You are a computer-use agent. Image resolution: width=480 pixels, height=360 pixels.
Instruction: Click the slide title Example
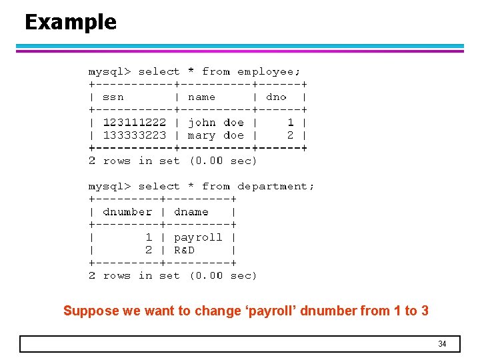click(x=71, y=22)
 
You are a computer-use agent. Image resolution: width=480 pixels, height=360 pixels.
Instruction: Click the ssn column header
click(x=113, y=97)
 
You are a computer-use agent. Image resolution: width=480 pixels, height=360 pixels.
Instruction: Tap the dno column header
click(x=276, y=97)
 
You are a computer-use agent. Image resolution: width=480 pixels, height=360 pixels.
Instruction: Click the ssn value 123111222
click(x=135, y=123)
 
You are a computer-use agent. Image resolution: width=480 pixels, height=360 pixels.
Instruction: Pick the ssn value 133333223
click(x=135, y=135)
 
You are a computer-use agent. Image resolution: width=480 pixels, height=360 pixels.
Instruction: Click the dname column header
click(x=191, y=212)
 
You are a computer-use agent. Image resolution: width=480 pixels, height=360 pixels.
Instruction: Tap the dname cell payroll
click(x=198, y=237)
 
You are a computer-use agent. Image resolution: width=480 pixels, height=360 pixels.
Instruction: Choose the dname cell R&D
click(x=184, y=250)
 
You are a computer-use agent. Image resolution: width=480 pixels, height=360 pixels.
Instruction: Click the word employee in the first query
click(x=269, y=71)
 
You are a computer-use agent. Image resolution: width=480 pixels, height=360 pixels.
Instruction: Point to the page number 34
click(x=442, y=344)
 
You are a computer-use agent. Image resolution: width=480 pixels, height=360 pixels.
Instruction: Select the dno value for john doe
click(x=291, y=123)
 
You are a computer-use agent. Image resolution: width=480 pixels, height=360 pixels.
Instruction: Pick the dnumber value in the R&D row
click(x=149, y=250)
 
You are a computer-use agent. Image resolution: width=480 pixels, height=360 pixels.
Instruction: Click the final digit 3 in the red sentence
click(x=425, y=311)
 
